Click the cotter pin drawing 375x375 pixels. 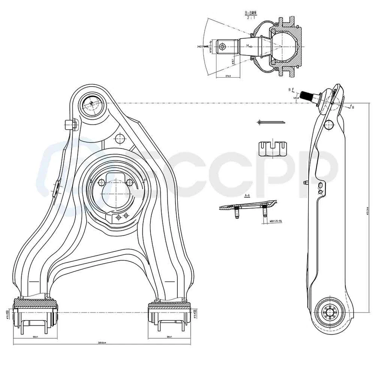[271, 123]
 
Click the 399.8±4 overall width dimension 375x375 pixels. [102, 343]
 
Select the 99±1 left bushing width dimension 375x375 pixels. [35, 336]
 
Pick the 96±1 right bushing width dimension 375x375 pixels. [169, 336]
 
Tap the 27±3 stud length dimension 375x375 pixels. [228, 76]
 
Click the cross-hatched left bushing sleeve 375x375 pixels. [36, 303]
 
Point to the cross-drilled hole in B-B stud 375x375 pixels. [222, 47]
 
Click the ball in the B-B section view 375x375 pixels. [284, 46]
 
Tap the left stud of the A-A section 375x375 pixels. [236, 212]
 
